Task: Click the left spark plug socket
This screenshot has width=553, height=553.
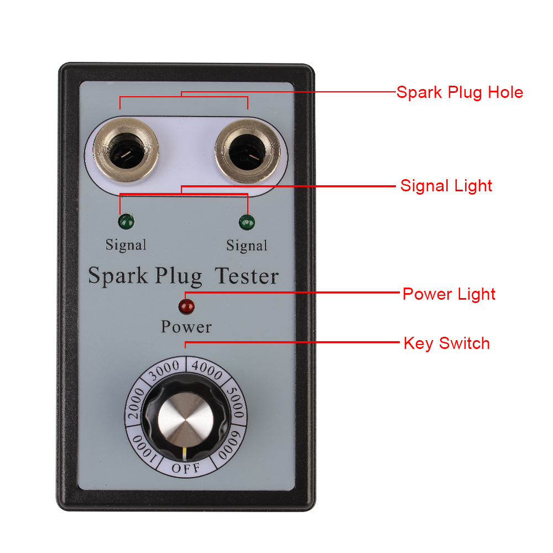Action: [x=126, y=150]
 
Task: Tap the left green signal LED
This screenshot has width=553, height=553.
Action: [x=126, y=222]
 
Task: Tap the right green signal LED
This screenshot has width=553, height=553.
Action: [x=247, y=222]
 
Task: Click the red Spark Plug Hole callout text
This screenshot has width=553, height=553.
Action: [x=460, y=92]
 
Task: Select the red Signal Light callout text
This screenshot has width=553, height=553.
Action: [x=446, y=185]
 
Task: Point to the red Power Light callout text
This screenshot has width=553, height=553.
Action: [x=449, y=294]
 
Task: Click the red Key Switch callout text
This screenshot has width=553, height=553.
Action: [x=447, y=343]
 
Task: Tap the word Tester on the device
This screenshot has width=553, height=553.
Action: [x=247, y=275]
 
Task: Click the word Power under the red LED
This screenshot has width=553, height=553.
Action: [x=186, y=327]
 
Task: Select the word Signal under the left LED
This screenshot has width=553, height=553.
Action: [x=126, y=244]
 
